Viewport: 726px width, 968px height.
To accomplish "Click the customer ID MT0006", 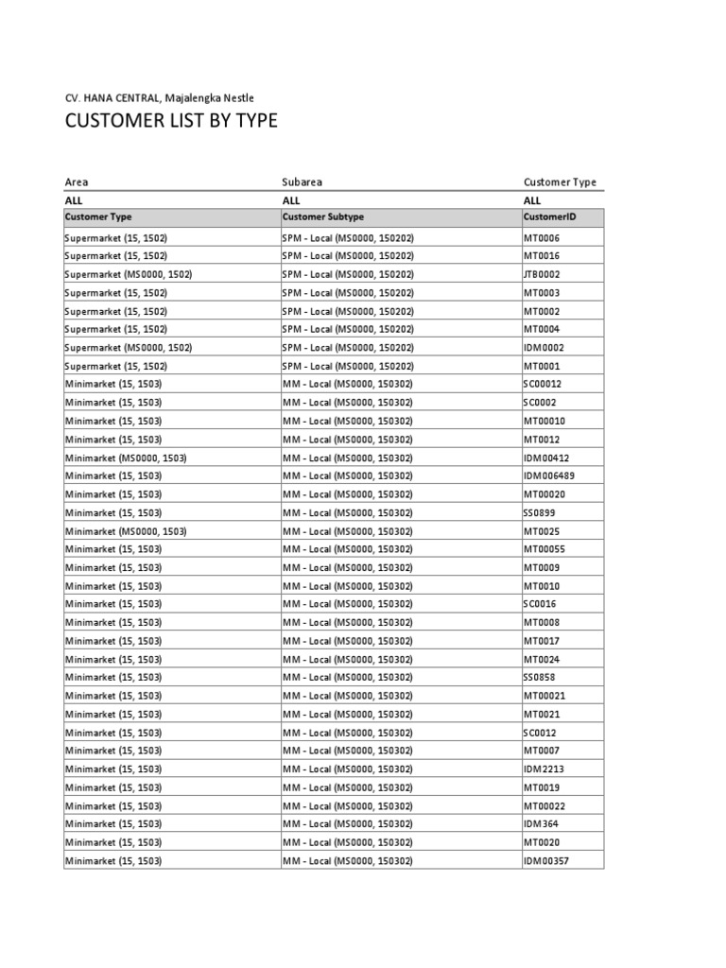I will [x=542, y=238].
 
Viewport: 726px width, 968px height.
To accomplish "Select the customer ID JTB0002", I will [x=543, y=274].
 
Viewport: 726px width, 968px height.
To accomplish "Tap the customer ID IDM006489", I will [x=548, y=476].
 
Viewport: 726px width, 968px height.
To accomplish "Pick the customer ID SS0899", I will [x=540, y=512].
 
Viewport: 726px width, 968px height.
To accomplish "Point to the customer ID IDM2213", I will [x=544, y=769].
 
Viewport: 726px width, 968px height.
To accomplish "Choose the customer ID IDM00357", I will [x=546, y=861].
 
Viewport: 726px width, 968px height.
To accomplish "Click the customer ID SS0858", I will [x=540, y=678].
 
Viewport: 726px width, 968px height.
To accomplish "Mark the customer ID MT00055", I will [x=544, y=549].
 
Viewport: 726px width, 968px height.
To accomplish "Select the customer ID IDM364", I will [x=541, y=824].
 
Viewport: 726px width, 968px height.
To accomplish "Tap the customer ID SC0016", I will [x=540, y=604].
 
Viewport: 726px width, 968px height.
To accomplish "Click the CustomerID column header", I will [x=549, y=217].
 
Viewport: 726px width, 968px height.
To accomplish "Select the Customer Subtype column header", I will [x=322, y=217].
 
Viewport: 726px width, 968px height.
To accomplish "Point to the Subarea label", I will [x=302, y=182].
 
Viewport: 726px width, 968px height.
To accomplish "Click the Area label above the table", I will [x=76, y=182].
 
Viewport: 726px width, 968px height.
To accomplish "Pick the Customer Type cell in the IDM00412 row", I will [x=126, y=458].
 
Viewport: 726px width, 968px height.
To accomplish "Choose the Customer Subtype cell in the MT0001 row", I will [x=348, y=366].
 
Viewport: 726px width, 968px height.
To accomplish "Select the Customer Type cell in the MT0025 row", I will [x=126, y=531].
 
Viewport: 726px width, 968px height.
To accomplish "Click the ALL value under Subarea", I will [x=291, y=200].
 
